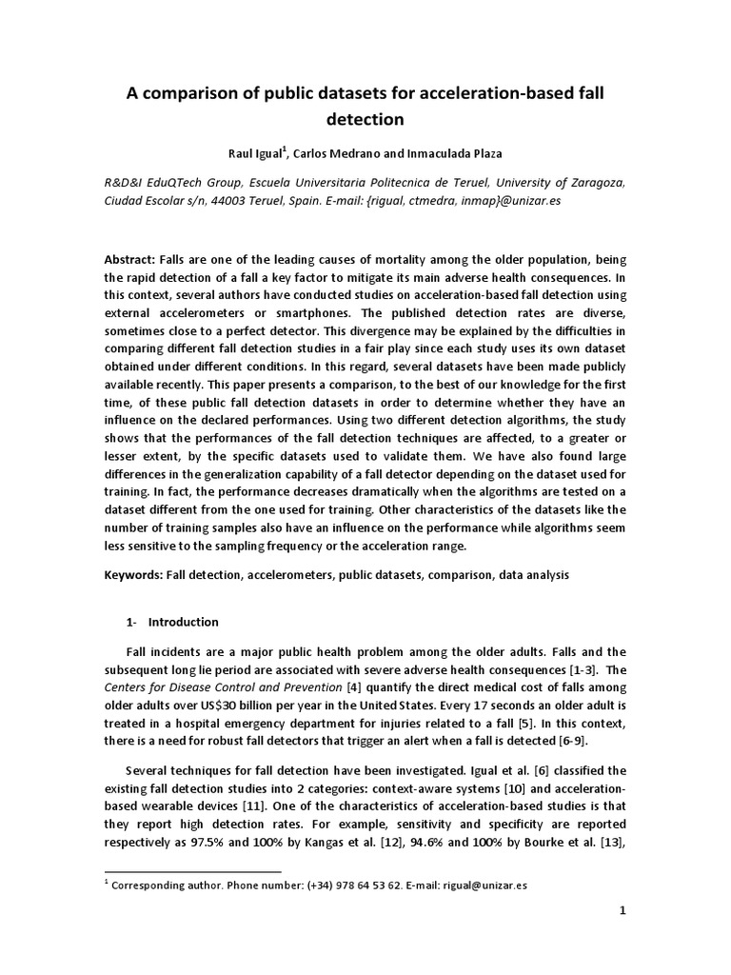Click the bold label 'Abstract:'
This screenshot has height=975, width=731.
tap(133, 261)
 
